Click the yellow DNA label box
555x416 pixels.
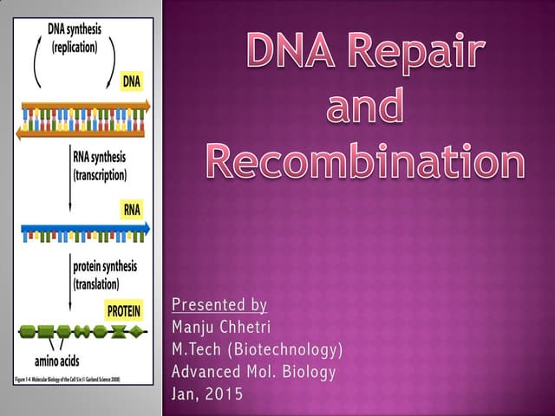coord(130,81)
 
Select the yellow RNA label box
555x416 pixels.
coord(130,209)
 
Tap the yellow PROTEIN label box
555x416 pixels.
coord(124,309)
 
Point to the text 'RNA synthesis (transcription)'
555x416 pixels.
coord(100,166)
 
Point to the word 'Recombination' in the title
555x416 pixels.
coord(365,161)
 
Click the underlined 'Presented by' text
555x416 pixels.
coord(219,304)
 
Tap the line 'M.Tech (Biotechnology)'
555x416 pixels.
coord(258,349)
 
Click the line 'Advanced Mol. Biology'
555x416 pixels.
coord(253,372)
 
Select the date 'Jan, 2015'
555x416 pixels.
coord(208,394)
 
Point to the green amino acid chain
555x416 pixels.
coord(82,332)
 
